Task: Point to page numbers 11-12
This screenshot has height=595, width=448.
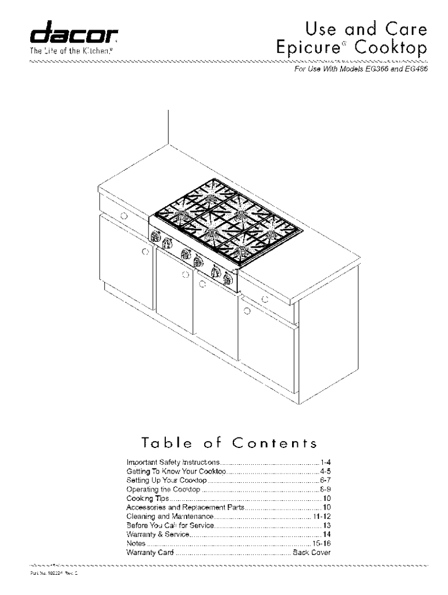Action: click(322, 517)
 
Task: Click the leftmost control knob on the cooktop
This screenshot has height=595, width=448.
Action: click(155, 236)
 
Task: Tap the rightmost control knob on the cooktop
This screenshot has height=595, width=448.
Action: click(226, 278)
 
